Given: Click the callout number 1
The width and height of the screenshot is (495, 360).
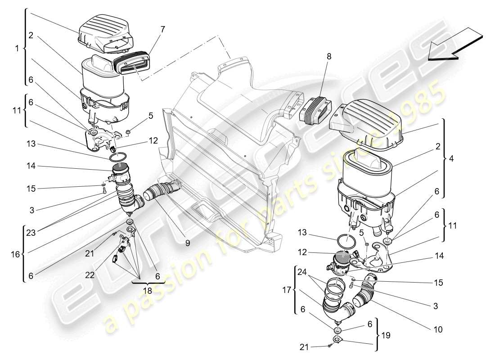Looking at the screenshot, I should (x=17, y=48).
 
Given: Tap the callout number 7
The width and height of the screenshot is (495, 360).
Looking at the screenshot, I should (x=162, y=30).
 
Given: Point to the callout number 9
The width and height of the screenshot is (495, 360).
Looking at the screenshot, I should (x=187, y=243).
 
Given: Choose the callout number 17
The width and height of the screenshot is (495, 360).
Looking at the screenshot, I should (x=287, y=290).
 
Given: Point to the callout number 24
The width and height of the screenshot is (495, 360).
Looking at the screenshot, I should (x=301, y=271).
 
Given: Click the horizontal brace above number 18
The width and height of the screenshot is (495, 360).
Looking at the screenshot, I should (x=148, y=283).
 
